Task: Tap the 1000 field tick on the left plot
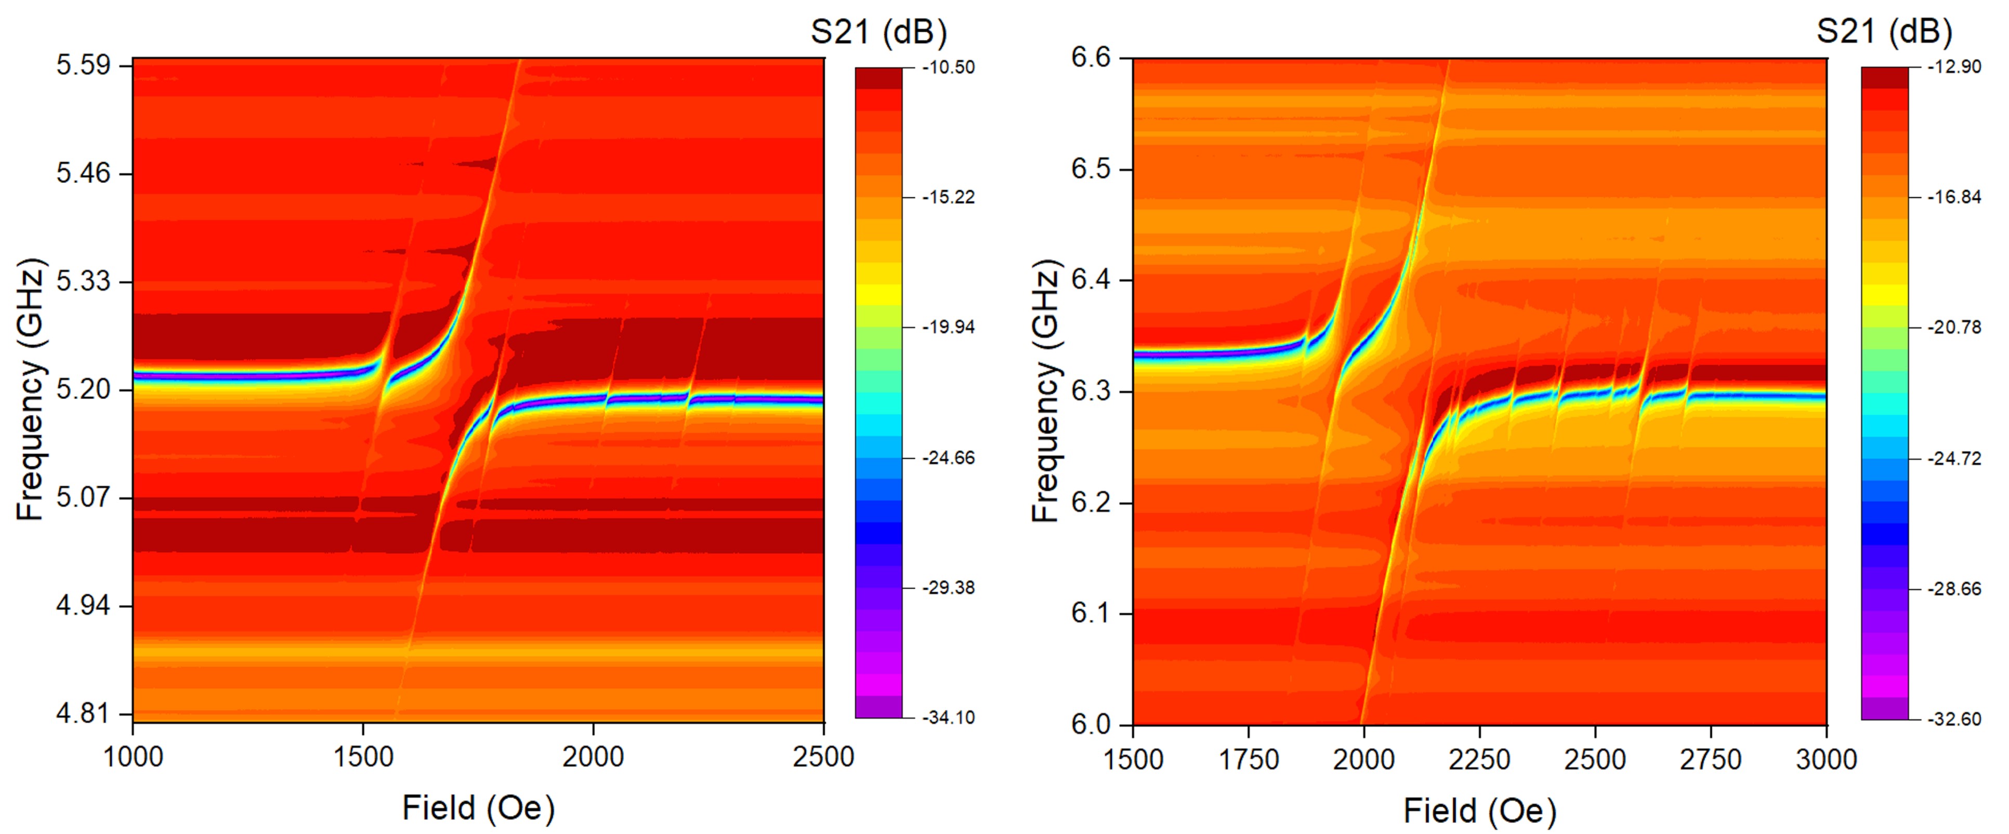134,757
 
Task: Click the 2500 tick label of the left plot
823,757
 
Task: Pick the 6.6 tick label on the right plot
1091,58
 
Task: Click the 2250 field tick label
1479,759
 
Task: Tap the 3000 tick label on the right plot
1826,759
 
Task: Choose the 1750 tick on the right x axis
1249,759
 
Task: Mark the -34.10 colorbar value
948,718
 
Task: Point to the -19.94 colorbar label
948,328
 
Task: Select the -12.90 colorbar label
1954,67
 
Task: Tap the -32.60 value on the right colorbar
1954,719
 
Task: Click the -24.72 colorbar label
1954,459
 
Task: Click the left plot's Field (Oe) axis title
478,808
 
